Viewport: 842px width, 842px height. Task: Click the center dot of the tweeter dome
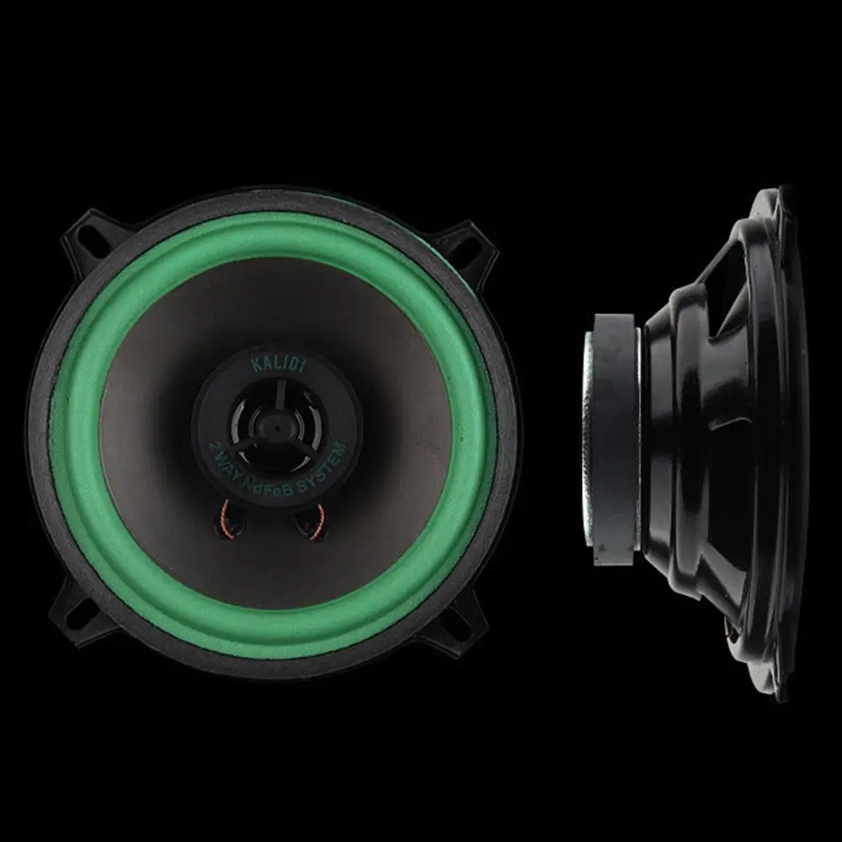(277, 424)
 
